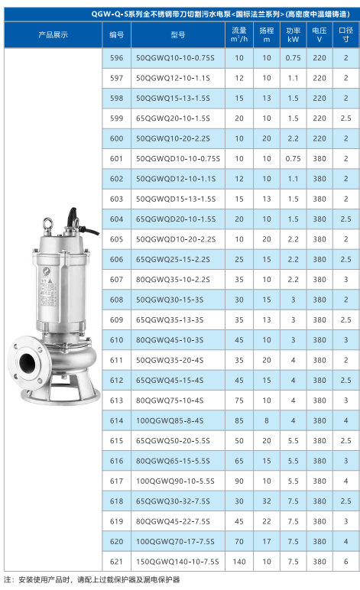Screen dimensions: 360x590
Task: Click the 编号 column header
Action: (117, 35)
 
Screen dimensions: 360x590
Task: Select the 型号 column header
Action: (178, 35)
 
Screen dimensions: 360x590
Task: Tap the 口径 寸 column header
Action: (345, 34)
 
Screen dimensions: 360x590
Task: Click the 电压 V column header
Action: (319, 34)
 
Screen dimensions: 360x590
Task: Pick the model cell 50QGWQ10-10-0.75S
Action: (175, 58)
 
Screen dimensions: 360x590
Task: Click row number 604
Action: (117, 219)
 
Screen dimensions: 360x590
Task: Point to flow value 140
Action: (239, 562)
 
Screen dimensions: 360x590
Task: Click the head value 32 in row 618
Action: (267, 501)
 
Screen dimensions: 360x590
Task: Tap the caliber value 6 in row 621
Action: (345, 562)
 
